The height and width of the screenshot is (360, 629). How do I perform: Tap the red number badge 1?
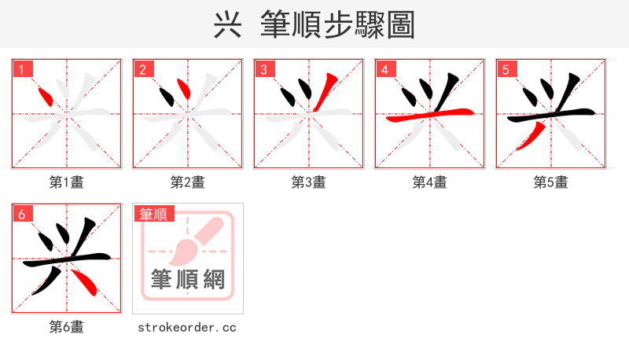(x=22, y=70)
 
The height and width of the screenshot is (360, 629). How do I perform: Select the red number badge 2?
(x=143, y=70)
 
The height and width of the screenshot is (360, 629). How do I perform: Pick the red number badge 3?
(x=264, y=70)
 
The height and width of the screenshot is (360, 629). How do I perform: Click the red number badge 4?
(x=385, y=70)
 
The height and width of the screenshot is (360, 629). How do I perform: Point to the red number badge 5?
(x=506, y=70)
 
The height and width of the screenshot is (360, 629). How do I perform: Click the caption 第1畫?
(x=67, y=182)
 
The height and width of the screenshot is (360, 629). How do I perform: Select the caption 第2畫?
(x=188, y=182)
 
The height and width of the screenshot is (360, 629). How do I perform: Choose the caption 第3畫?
(x=309, y=182)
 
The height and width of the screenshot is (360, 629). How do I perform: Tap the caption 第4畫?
(x=430, y=182)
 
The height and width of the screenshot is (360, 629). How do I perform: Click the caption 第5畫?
(x=551, y=182)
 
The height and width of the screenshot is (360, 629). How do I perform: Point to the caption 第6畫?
(x=67, y=327)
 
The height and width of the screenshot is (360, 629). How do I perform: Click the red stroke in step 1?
(x=46, y=97)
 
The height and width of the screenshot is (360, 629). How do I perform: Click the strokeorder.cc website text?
(x=187, y=327)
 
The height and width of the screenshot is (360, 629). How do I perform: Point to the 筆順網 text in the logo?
(x=188, y=279)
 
